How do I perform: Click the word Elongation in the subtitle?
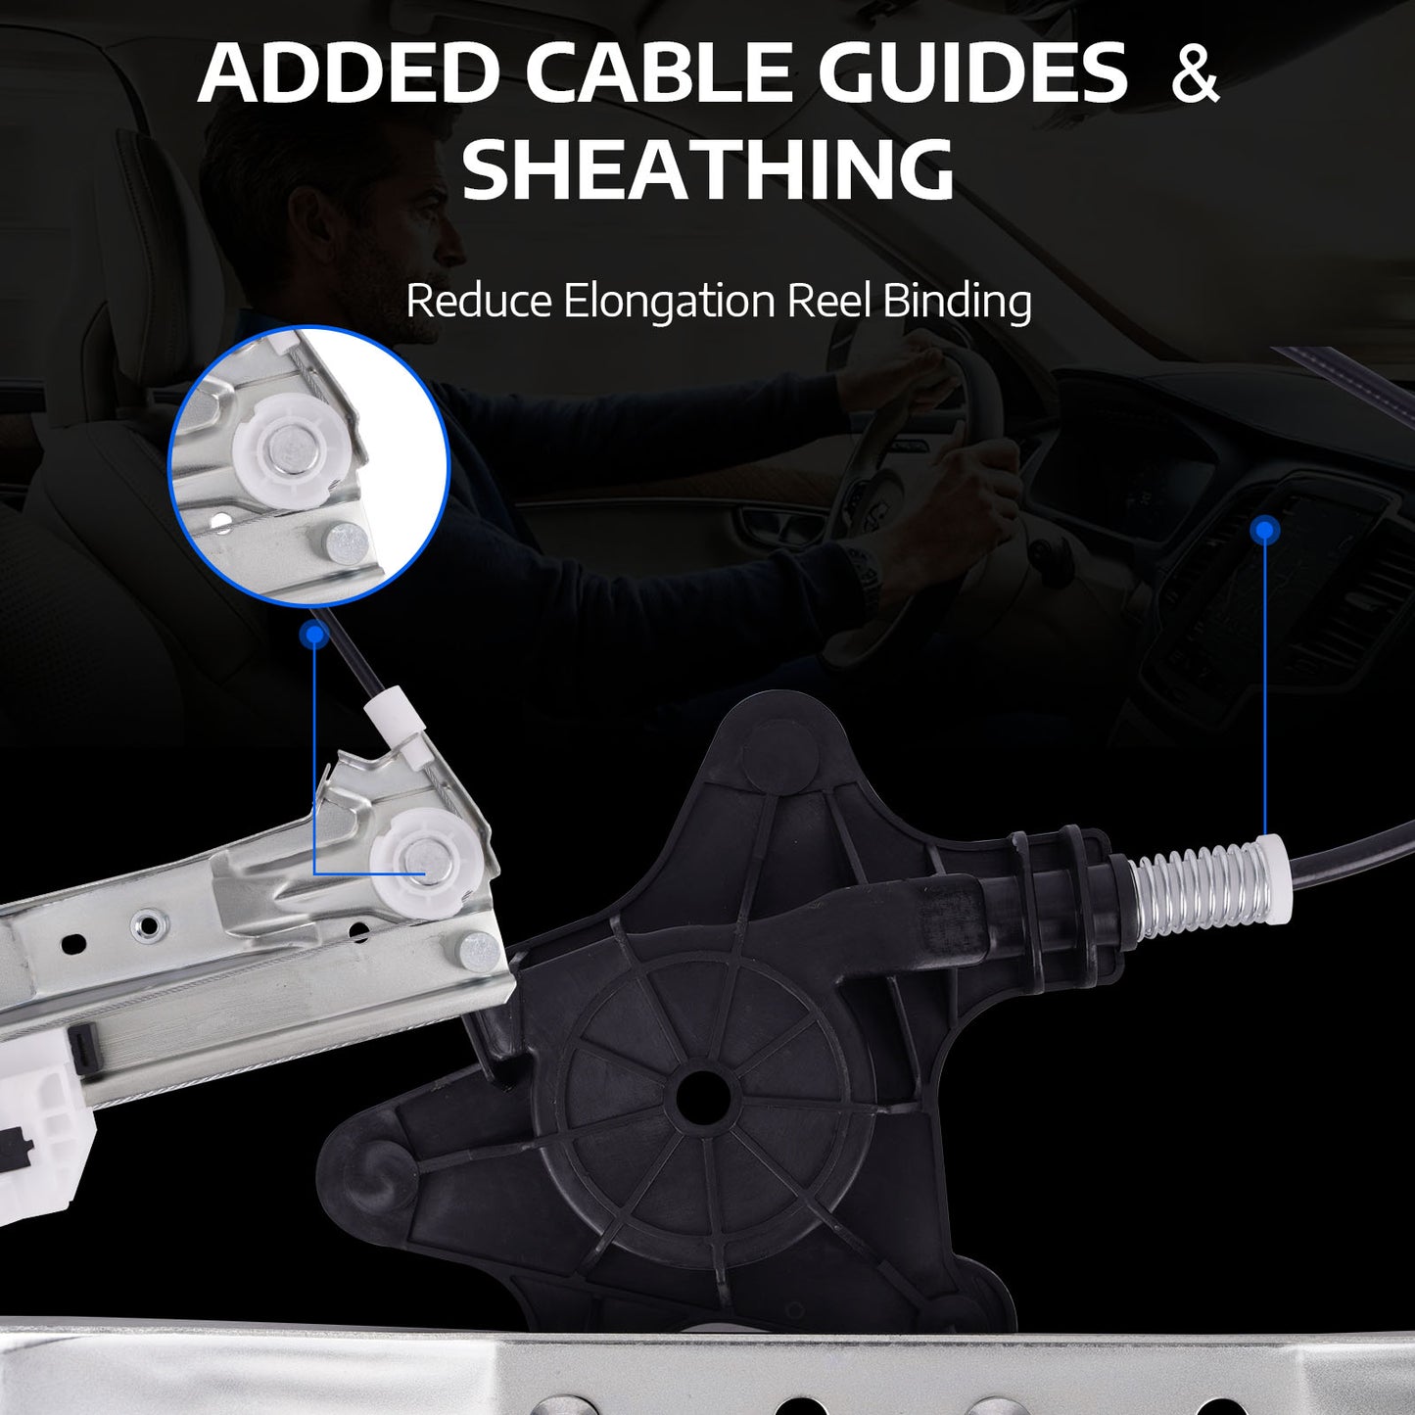point(669,302)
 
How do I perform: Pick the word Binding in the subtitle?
point(957,302)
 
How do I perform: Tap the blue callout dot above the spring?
point(1264,529)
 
